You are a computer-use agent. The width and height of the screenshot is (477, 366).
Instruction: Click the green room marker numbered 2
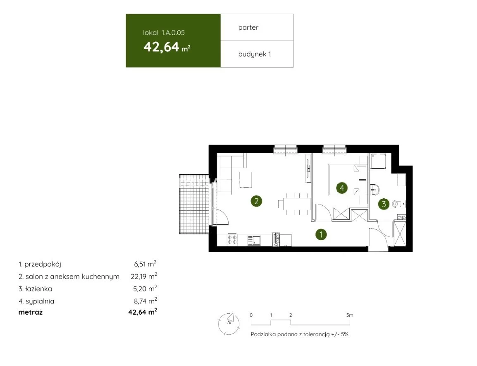pyautogui.click(x=256, y=201)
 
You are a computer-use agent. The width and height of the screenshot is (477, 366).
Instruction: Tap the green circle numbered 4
pyautogui.click(x=342, y=188)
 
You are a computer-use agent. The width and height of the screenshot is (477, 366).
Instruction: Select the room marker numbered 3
pyautogui.click(x=384, y=204)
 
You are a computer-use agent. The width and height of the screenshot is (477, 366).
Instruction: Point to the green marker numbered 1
pyautogui.click(x=321, y=235)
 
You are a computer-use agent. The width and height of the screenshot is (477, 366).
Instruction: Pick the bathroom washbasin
pyautogui.click(x=375, y=190)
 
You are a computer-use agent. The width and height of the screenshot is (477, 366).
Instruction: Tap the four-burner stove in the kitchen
pyautogui.click(x=233, y=240)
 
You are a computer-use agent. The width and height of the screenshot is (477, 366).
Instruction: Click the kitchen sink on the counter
pyautogui.click(x=254, y=241)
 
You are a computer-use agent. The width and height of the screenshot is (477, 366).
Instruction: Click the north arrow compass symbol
pyautogui.click(x=229, y=324)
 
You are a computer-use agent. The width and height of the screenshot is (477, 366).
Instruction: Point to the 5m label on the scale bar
pyautogui.click(x=350, y=315)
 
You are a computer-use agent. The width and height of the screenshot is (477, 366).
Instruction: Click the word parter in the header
pyautogui.click(x=248, y=28)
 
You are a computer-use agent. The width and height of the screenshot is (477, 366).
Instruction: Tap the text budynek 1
pyautogui.click(x=255, y=54)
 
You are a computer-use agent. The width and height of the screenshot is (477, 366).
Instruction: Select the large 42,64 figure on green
pyautogui.click(x=161, y=47)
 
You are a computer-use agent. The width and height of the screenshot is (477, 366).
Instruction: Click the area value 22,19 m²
pyautogui.click(x=144, y=276)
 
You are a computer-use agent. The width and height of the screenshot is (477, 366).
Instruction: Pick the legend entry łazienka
pyautogui.click(x=35, y=289)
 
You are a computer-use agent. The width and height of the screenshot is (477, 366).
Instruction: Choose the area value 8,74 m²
pyautogui.click(x=145, y=301)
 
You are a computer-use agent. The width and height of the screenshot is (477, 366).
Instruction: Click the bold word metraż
pyautogui.click(x=31, y=312)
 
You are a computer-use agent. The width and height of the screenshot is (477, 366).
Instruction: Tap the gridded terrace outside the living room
pyautogui.click(x=194, y=204)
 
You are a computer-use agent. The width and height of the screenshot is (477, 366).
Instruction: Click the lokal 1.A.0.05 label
pyautogui.click(x=164, y=33)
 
